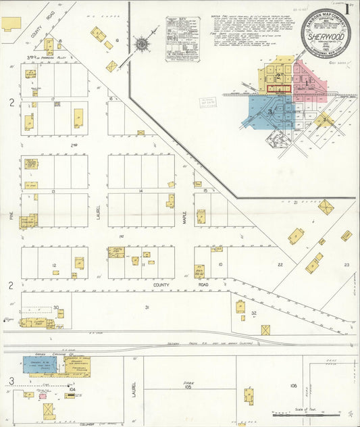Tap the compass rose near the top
coord(143,45)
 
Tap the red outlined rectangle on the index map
coord(278,89)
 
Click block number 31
coord(146,307)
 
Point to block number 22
coord(280,265)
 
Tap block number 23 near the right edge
coord(346,265)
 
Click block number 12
coord(54,265)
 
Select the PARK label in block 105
coord(189,382)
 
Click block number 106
coord(293,385)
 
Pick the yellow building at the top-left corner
coord(11,24)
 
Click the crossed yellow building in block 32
coord(265,330)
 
